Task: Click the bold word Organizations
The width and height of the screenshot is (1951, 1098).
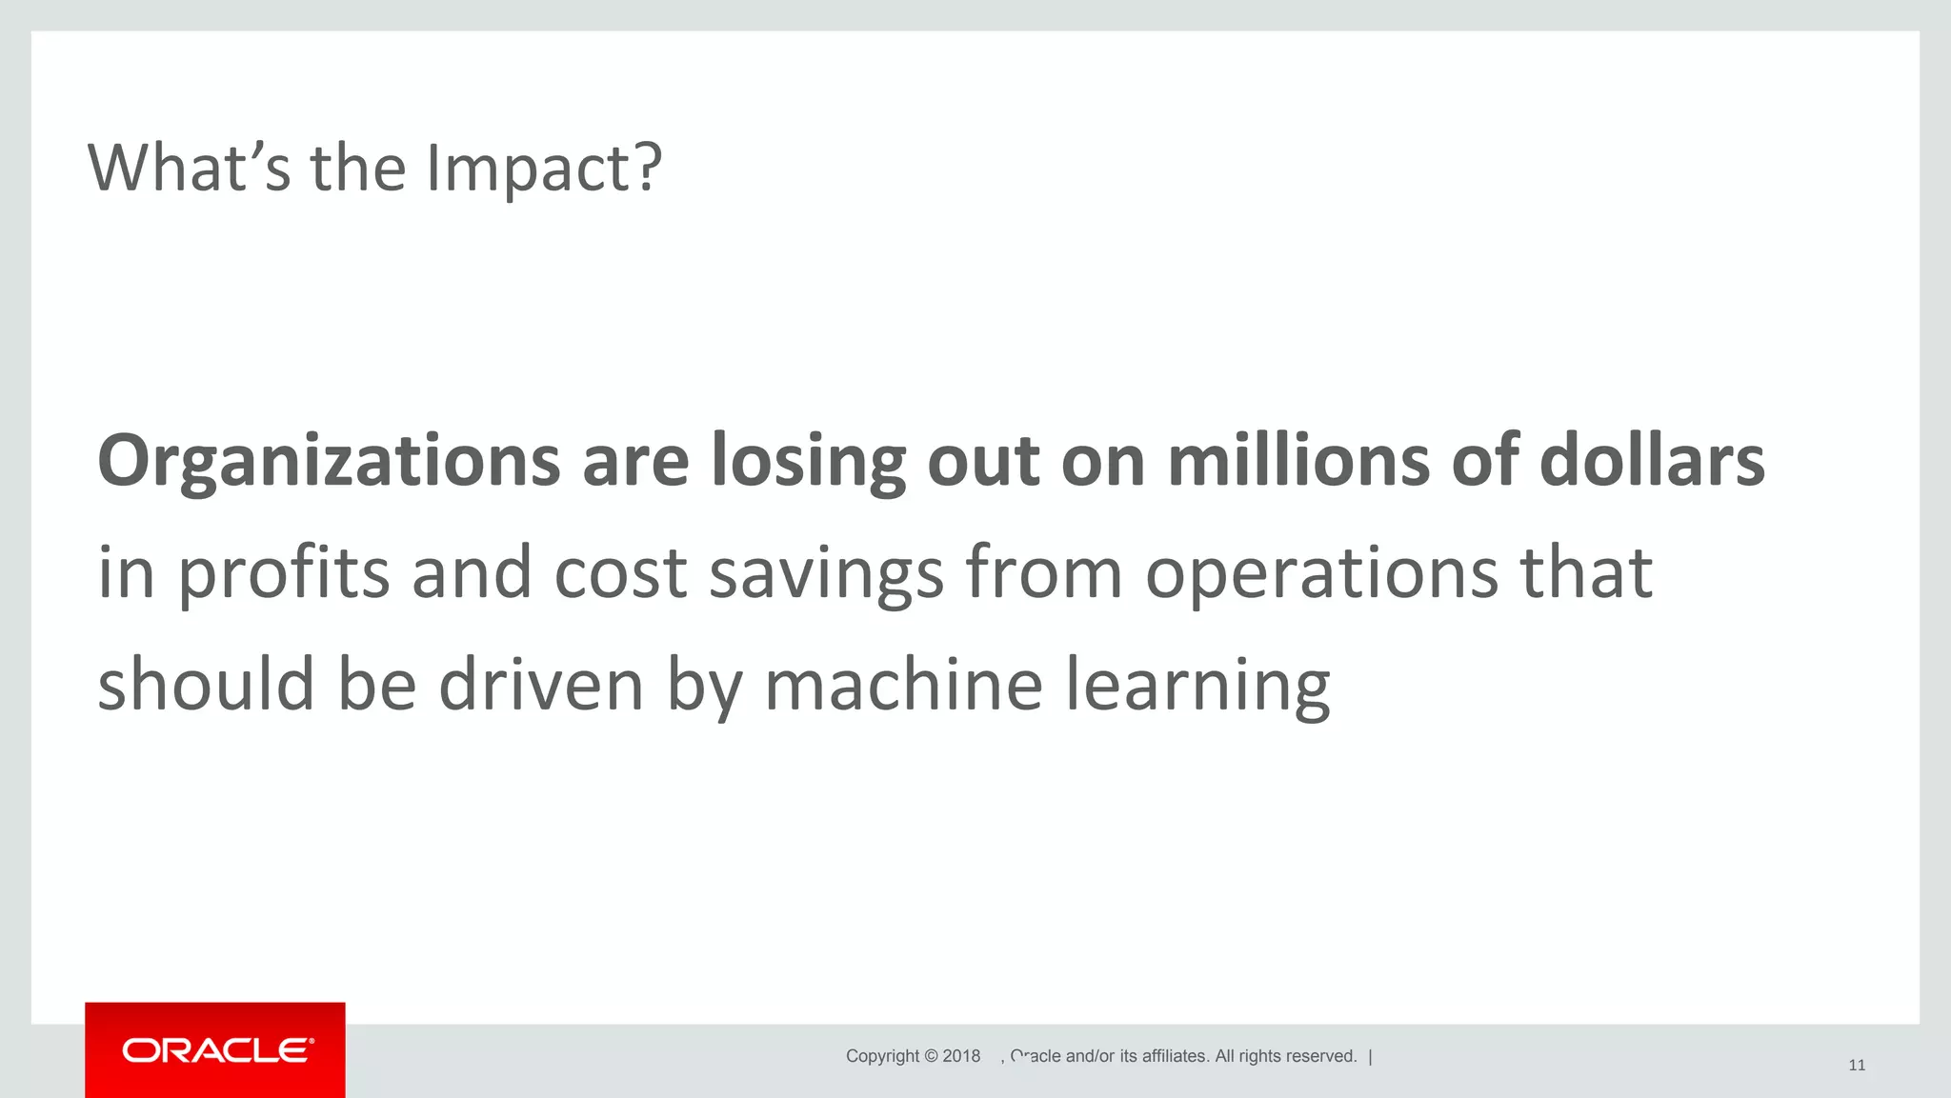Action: pyautogui.click(x=329, y=462)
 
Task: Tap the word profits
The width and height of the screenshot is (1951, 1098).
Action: pyautogui.click(x=284, y=574)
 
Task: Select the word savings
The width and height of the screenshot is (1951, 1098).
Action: pyautogui.click(x=826, y=574)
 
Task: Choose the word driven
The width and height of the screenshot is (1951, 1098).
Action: pyautogui.click(x=541, y=685)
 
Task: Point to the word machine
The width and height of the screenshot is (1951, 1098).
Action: pyautogui.click(x=903, y=685)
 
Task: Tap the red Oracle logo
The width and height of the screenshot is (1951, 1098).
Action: pyautogui.click(x=215, y=1050)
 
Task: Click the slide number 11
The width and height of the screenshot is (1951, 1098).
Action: pyautogui.click(x=1857, y=1065)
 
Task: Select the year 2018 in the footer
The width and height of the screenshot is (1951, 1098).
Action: pyautogui.click(x=961, y=1056)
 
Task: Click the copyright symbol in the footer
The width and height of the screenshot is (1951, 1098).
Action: pyautogui.click(x=931, y=1056)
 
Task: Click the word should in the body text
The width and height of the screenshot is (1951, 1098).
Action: pyautogui.click(x=206, y=685)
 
